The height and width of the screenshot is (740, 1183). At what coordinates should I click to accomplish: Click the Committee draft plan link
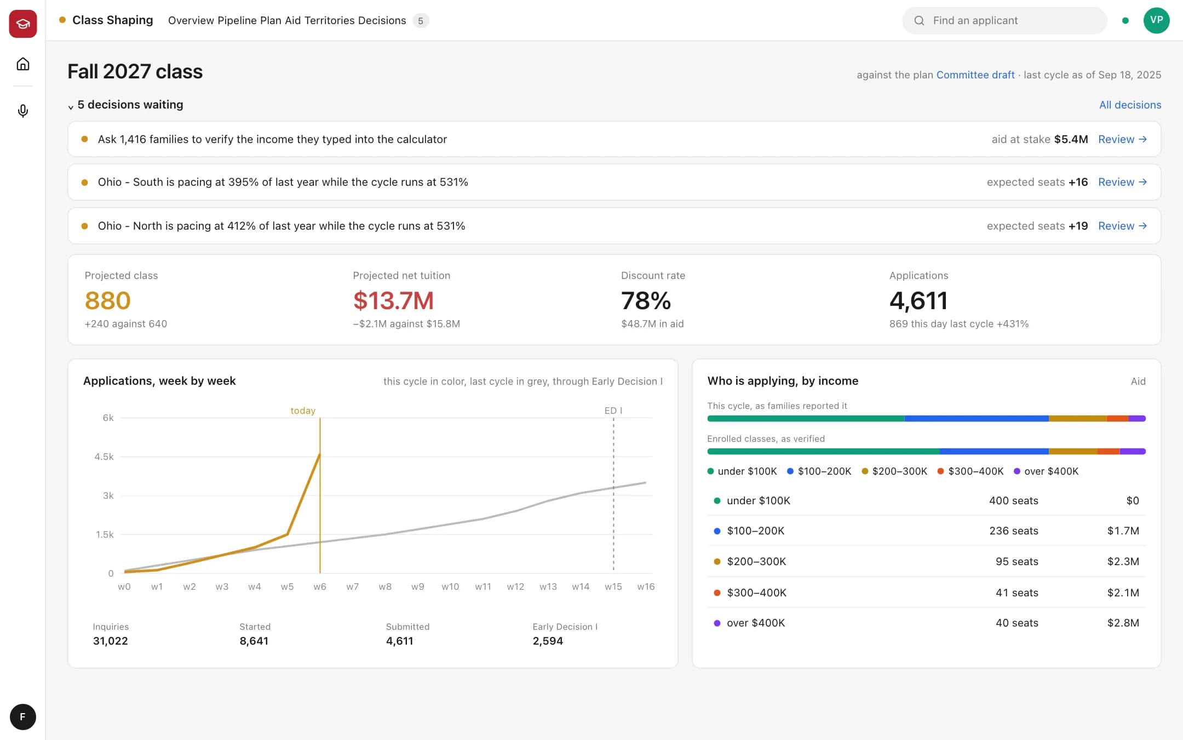(x=975, y=75)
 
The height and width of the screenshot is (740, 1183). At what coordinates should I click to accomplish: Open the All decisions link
(x=1130, y=105)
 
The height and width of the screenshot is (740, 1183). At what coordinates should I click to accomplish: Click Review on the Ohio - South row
(x=1122, y=182)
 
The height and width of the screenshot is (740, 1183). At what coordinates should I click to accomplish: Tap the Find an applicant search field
(x=1004, y=21)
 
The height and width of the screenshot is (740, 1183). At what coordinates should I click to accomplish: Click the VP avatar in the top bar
(x=1156, y=20)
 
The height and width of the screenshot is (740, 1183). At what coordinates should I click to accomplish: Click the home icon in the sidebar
(x=23, y=64)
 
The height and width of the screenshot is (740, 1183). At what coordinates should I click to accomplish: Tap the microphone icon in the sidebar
(x=23, y=111)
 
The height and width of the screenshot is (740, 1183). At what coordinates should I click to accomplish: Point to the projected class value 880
(x=107, y=300)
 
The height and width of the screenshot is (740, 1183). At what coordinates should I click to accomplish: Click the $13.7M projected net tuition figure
(x=393, y=300)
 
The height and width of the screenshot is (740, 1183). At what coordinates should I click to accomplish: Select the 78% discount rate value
(x=646, y=300)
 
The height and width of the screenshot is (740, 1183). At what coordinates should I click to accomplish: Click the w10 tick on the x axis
(x=450, y=587)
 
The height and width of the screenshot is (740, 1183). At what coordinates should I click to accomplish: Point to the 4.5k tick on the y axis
(x=104, y=457)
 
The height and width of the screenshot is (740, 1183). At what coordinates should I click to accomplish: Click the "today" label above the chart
(x=303, y=411)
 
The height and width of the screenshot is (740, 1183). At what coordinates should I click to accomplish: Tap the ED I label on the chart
(x=613, y=411)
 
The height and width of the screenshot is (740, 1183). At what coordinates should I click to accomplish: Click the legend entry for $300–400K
(x=970, y=471)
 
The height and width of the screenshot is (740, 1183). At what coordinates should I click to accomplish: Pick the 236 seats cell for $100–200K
(x=1014, y=531)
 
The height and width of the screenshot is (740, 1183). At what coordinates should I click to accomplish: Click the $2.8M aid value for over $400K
(x=1123, y=623)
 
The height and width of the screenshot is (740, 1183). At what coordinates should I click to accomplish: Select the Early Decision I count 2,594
(x=548, y=641)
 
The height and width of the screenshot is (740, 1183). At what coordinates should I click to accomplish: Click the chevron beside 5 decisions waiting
(x=71, y=107)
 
